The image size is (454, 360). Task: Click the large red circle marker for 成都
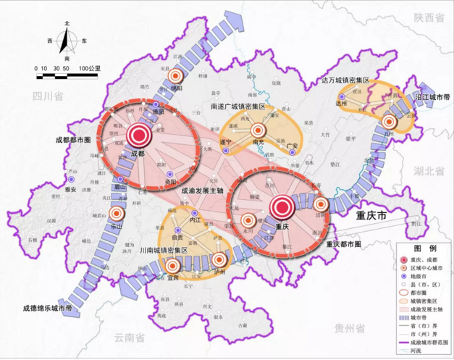(x=138, y=135)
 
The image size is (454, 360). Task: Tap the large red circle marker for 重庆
(x=282, y=209)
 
